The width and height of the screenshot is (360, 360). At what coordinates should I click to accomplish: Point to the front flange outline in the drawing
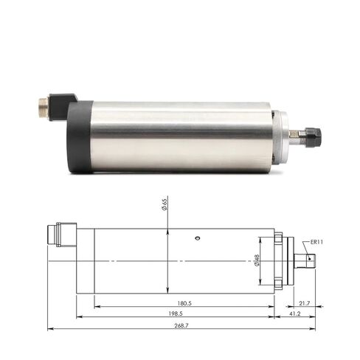click(277, 260)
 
